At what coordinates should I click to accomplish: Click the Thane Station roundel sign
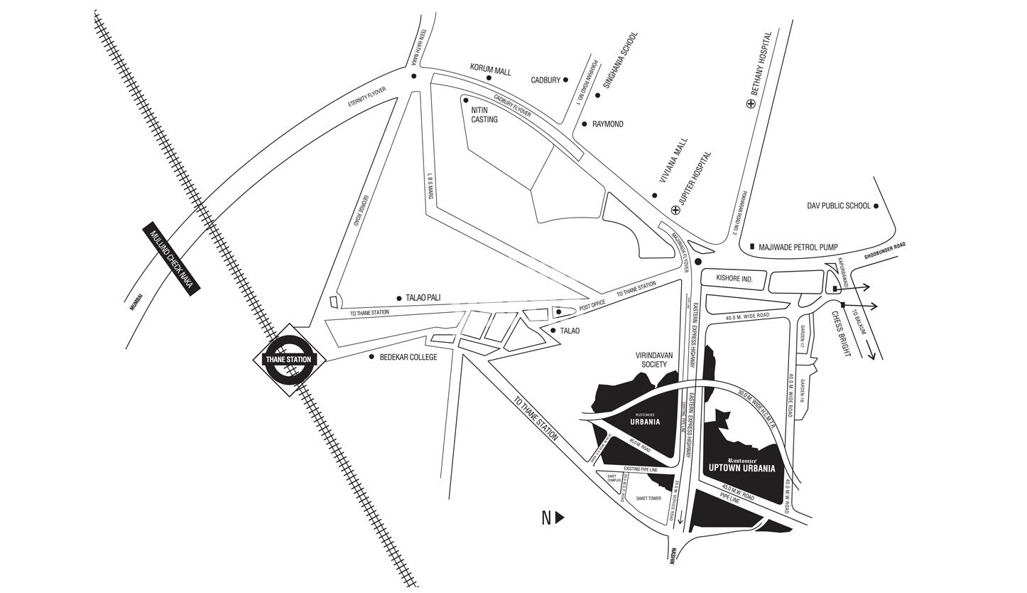(288, 359)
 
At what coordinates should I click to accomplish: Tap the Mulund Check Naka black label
(172, 258)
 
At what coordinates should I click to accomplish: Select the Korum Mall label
(490, 68)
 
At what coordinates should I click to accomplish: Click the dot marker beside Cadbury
(566, 80)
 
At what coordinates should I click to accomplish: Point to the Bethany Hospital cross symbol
(751, 104)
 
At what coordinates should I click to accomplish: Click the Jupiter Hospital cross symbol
(675, 210)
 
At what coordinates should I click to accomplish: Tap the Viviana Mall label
(673, 161)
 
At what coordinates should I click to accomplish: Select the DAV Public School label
(838, 206)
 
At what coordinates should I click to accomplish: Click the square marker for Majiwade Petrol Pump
(752, 247)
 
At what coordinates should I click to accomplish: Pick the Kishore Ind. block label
(734, 279)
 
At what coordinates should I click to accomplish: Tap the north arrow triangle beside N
(560, 518)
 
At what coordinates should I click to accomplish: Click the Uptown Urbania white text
(741, 469)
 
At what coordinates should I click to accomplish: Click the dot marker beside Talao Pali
(399, 299)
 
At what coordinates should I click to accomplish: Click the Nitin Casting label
(484, 115)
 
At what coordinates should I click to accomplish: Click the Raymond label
(607, 124)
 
